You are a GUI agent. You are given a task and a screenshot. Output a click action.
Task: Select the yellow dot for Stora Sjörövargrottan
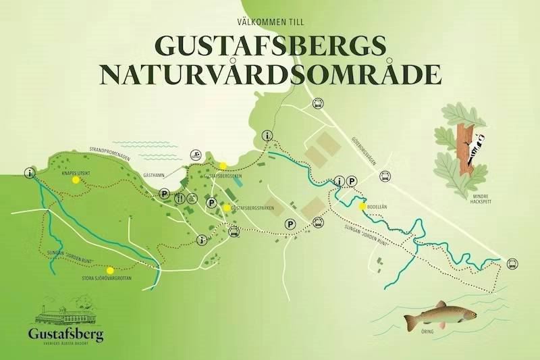[x=109, y=269]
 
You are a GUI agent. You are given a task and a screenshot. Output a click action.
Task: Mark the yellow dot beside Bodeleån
[x=362, y=206]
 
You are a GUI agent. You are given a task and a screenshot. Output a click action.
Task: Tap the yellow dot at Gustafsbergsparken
[x=226, y=208]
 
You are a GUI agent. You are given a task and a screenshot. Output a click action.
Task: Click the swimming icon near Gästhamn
[x=195, y=155]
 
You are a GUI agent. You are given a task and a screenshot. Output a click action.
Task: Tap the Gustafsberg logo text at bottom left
[x=65, y=334]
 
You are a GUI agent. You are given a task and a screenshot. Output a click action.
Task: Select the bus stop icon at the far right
[x=512, y=263]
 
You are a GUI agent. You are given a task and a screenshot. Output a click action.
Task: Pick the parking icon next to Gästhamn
[x=163, y=195]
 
